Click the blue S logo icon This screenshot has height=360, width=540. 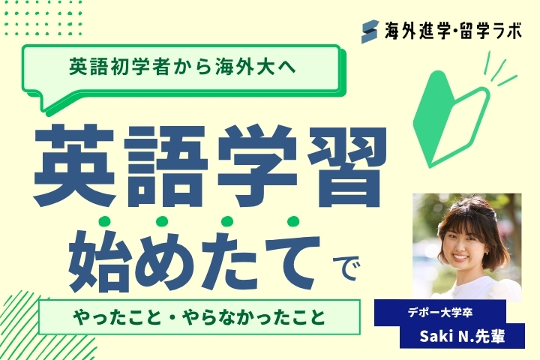tap(370, 31)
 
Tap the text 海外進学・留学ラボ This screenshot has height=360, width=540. tap(454, 31)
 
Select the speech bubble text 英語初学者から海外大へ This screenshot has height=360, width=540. tap(182, 67)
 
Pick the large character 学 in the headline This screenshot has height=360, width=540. tap(257, 166)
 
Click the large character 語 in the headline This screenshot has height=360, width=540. tap(166, 166)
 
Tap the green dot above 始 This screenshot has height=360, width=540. tap(104, 221)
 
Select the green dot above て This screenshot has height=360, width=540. tap(293, 221)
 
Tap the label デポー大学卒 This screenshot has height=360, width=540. tap(439, 313)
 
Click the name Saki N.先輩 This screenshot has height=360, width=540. tap(462, 337)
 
